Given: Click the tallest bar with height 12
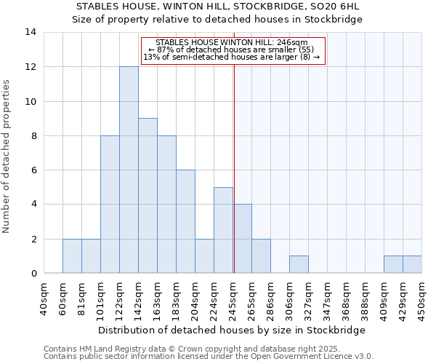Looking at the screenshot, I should coord(129,170).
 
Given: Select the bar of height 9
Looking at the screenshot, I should coord(148,196).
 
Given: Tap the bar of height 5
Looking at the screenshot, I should coord(223,230).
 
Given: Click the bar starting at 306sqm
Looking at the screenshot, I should coord(299,265).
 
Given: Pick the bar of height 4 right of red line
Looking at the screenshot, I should coord(242,239).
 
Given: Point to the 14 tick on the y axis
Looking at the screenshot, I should coord(31,32).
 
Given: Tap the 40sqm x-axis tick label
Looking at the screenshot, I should coord(44,299).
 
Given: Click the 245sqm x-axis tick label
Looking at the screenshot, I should coord(233,299).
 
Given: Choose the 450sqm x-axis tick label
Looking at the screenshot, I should coord(422,299).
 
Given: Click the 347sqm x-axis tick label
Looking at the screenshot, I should coord(328,299).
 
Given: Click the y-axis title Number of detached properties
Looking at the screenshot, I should coord(7,157).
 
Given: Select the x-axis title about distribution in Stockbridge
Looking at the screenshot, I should coord(232,330).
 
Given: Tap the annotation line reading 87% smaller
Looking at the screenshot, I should coord(231,50).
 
